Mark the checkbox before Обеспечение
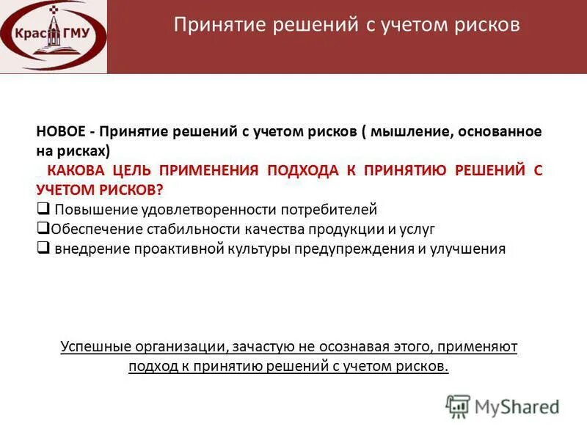click(43, 228)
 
